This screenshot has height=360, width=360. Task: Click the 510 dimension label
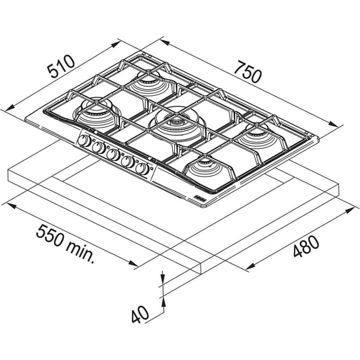tap(61, 66)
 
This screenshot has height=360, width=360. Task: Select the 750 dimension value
tap(247, 72)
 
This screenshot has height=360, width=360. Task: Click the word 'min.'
tap(80, 252)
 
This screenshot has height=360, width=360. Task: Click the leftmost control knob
tap(84, 141)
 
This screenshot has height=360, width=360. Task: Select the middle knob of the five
tap(113, 155)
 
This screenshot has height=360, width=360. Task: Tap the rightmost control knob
tap(142, 169)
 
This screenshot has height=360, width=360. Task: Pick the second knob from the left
tap(99, 148)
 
